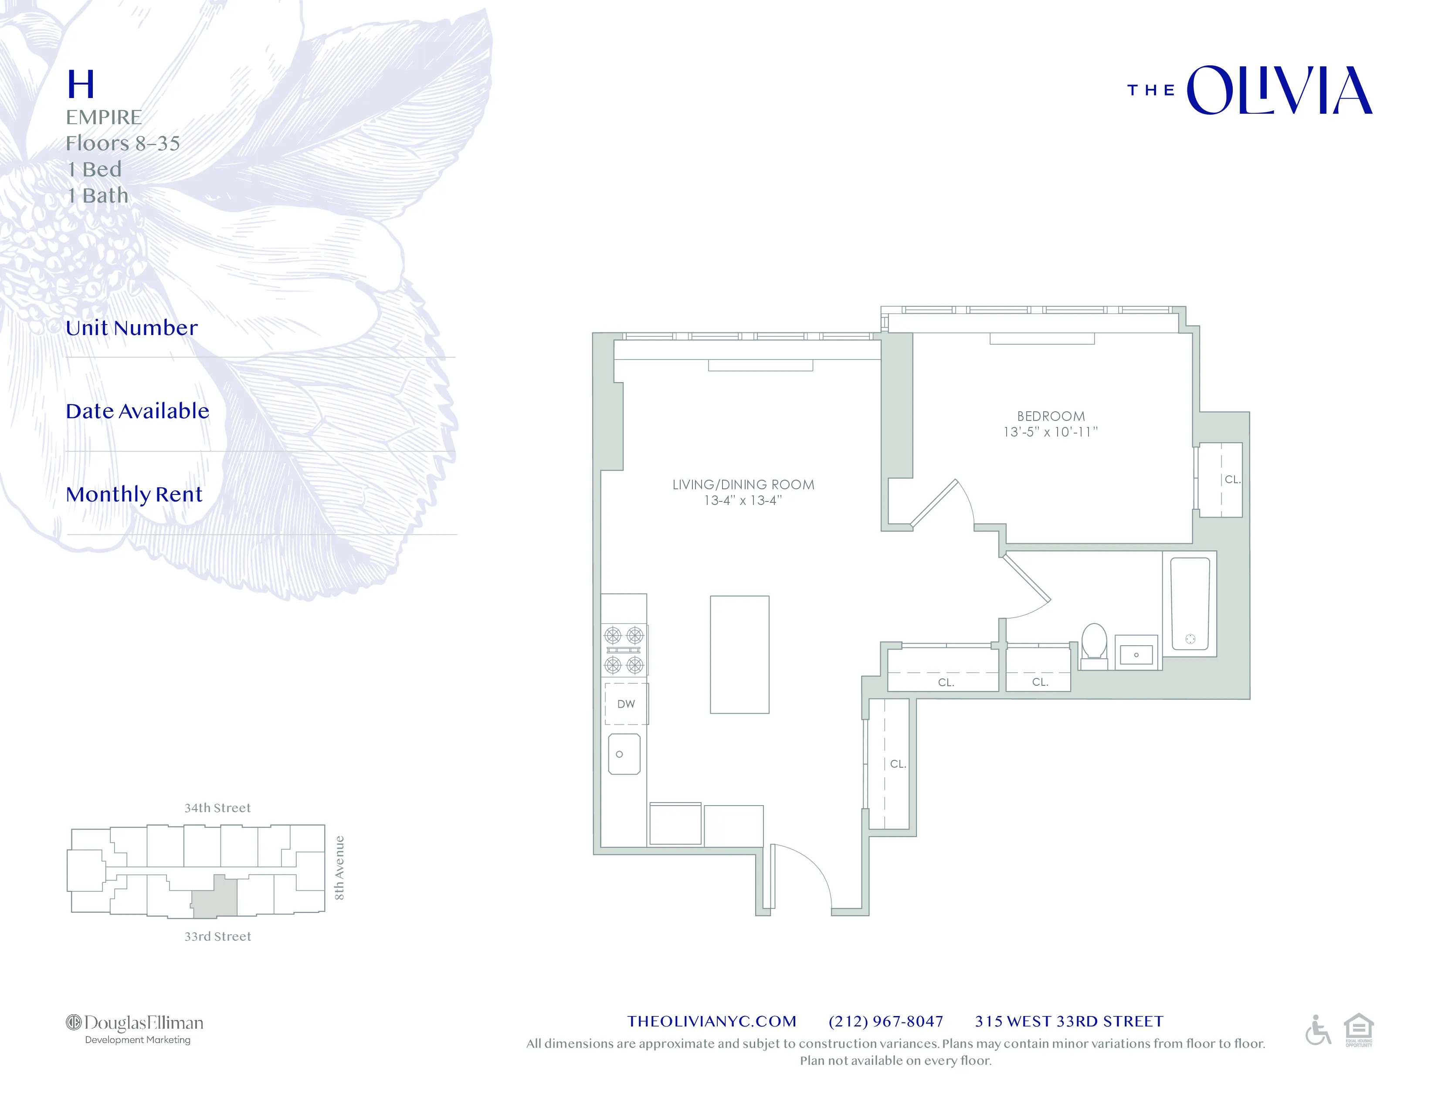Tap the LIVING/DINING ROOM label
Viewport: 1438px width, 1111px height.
[x=743, y=484]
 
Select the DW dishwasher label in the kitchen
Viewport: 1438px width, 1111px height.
[x=625, y=704]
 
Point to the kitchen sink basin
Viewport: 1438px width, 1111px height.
[x=624, y=754]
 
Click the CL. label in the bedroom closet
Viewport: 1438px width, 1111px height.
[x=1232, y=479]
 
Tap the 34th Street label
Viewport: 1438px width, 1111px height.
[x=217, y=808]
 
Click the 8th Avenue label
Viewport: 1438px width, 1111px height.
[x=339, y=867]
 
